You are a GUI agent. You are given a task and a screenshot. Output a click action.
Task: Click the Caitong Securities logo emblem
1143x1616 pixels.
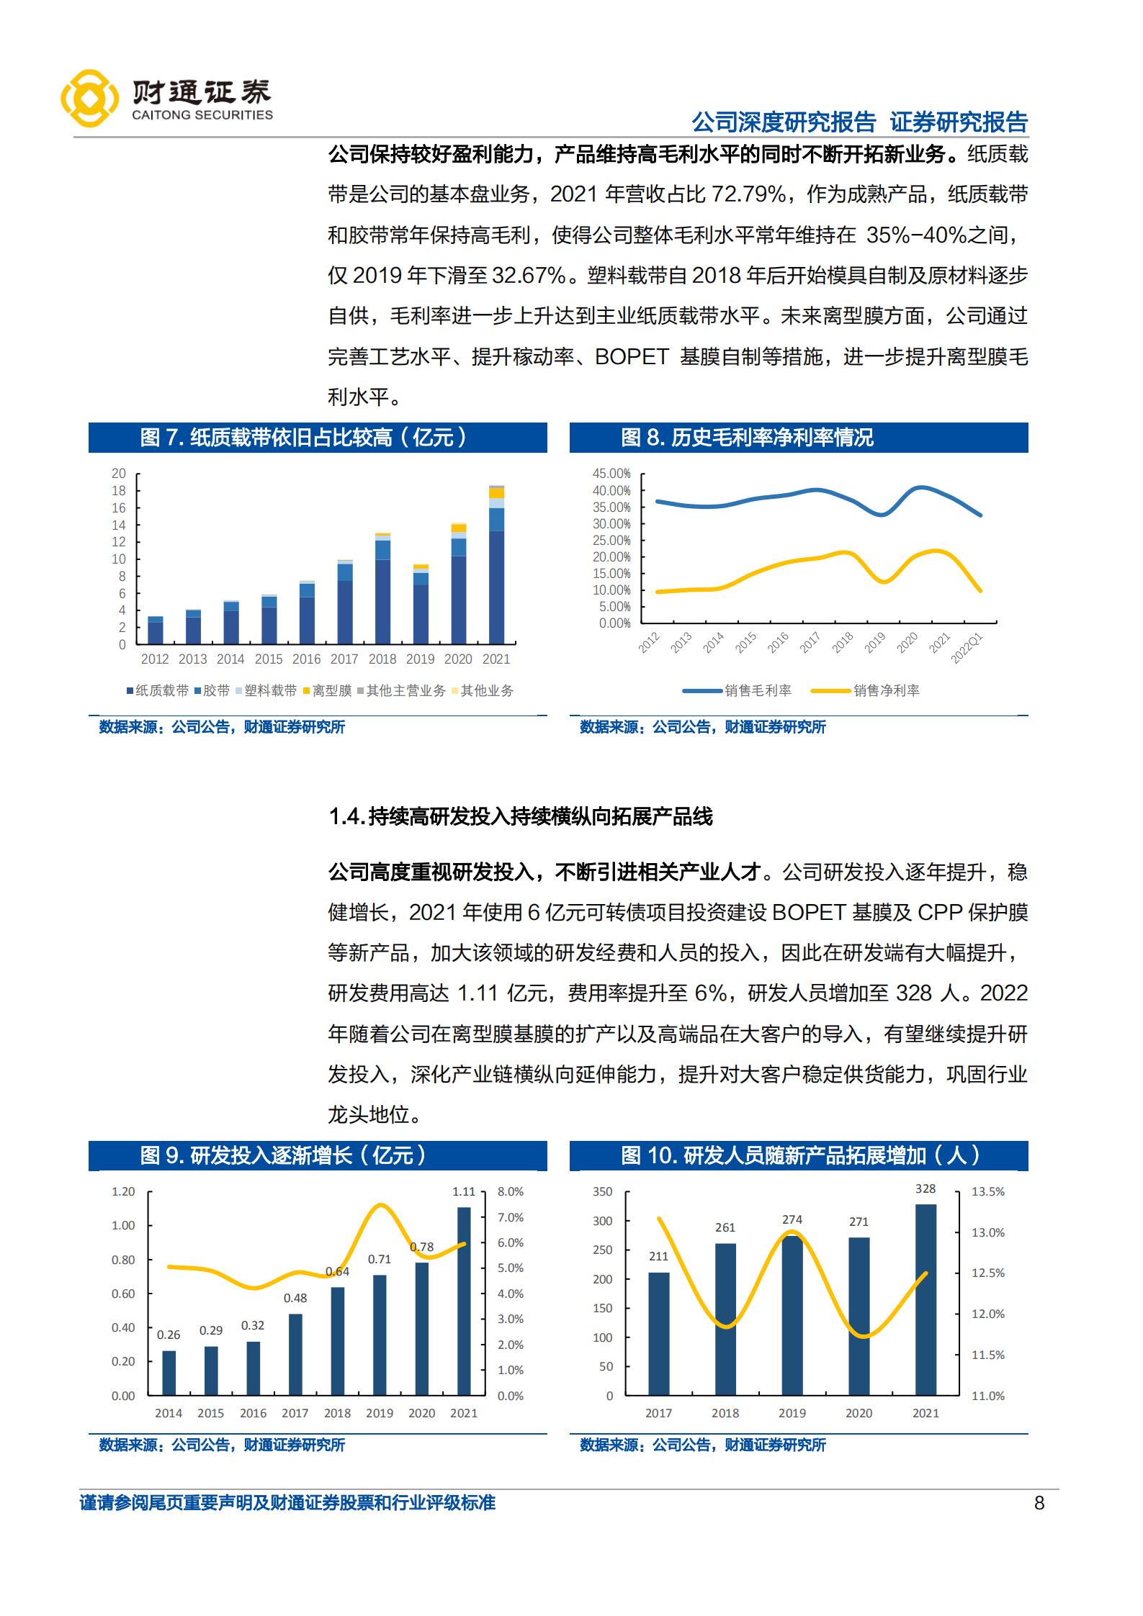[89, 99]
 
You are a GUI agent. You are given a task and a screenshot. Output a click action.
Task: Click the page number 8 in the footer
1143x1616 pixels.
[1039, 1503]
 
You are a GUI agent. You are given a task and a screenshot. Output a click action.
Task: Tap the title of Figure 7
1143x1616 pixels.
[303, 437]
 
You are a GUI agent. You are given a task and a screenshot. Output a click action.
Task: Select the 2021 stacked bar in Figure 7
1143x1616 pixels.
[496, 565]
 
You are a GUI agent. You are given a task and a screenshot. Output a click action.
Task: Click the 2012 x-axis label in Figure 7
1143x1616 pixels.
[154, 659]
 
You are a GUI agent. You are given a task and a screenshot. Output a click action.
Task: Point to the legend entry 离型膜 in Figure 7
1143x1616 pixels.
[328, 691]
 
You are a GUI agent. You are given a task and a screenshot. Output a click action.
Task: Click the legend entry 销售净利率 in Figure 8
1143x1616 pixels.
[886, 691]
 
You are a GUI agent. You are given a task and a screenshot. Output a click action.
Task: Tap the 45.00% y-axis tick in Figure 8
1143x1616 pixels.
[611, 474]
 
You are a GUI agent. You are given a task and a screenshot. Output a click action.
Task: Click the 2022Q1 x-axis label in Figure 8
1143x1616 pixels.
[967, 648]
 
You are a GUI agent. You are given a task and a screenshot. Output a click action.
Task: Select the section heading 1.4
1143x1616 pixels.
[520, 816]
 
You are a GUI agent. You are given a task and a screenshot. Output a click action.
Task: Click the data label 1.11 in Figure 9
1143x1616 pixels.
[464, 1191]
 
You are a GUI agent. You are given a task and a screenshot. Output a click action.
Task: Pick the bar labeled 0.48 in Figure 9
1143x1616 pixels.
[295, 1354]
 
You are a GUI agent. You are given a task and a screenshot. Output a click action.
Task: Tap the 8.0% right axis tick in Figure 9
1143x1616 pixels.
[510, 1191]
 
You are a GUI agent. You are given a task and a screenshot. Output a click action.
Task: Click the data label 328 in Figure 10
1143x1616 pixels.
[925, 1188]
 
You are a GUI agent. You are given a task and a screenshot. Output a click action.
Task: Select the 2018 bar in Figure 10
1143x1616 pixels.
[725, 1319]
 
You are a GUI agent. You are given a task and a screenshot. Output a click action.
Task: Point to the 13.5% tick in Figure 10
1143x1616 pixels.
[987, 1191]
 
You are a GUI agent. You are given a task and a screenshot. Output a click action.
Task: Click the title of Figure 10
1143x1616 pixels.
[799, 1155]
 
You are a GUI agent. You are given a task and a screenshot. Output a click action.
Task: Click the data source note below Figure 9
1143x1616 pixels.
[222, 1445]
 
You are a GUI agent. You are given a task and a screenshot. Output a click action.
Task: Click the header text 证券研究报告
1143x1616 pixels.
[959, 122]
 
